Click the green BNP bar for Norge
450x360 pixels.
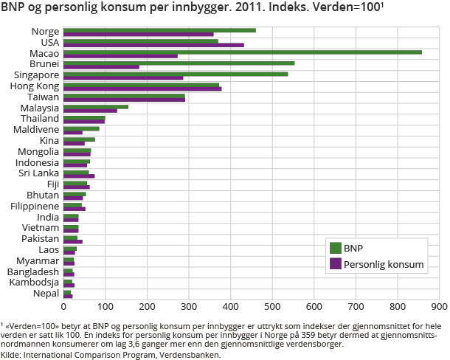159,30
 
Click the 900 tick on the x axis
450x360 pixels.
440,305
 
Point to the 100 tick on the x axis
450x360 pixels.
105,305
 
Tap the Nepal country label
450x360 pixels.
46,294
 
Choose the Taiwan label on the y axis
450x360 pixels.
44,97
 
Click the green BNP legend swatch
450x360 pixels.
336,248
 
